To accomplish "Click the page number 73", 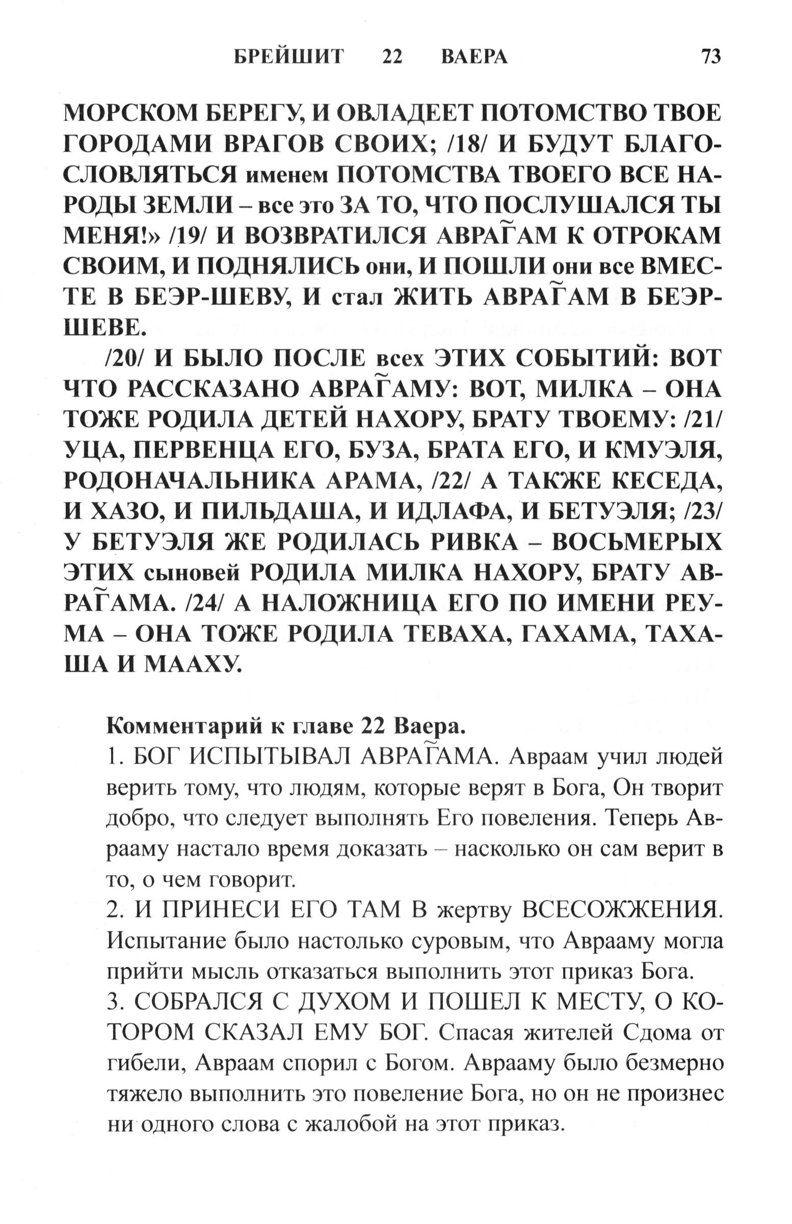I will tap(710, 56).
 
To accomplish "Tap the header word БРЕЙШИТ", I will tap(288, 57).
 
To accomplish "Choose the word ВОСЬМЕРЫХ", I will tap(633, 542).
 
